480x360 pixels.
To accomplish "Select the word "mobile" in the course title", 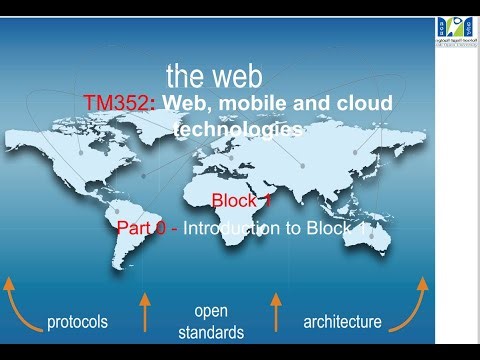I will [x=247, y=105].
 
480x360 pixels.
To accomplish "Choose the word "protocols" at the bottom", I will [x=77, y=322].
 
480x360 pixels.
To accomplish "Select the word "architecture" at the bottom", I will [x=341, y=322].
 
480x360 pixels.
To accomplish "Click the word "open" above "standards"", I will [x=212, y=309].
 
